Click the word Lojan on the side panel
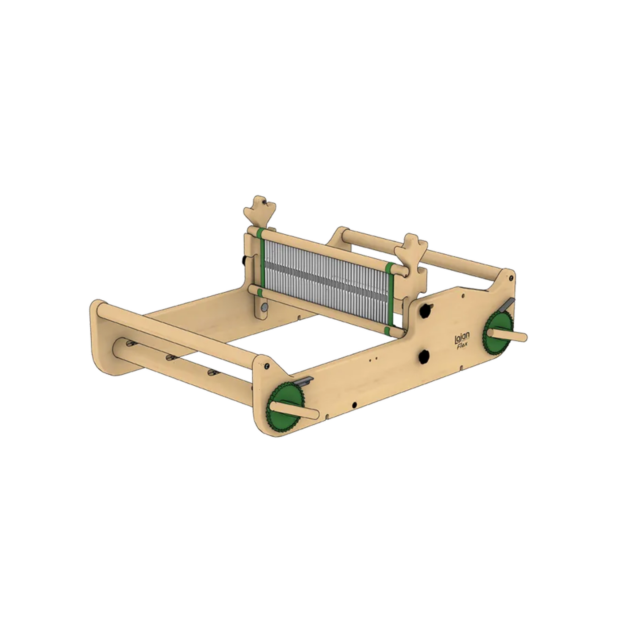tap(462, 338)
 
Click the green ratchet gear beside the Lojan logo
tap(498, 333)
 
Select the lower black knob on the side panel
tap(424, 356)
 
